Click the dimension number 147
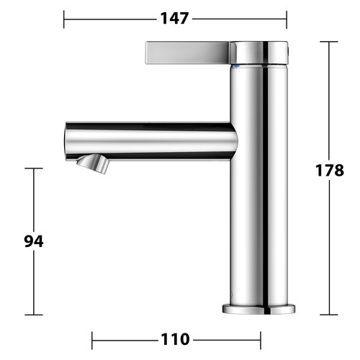pyautogui.click(x=174, y=19)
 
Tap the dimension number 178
pyautogui.click(x=330, y=171)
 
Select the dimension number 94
pyautogui.click(x=34, y=241)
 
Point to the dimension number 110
pyautogui.click(x=175, y=339)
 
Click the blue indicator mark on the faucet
pyautogui.click(x=237, y=66)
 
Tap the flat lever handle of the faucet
pyautogui.click(x=188, y=53)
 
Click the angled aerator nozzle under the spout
pyautogui.click(x=93, y=163)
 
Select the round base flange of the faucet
pyautogui.click(x=258, y=309)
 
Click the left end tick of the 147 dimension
pyautogui.click(x=64, y=19)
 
